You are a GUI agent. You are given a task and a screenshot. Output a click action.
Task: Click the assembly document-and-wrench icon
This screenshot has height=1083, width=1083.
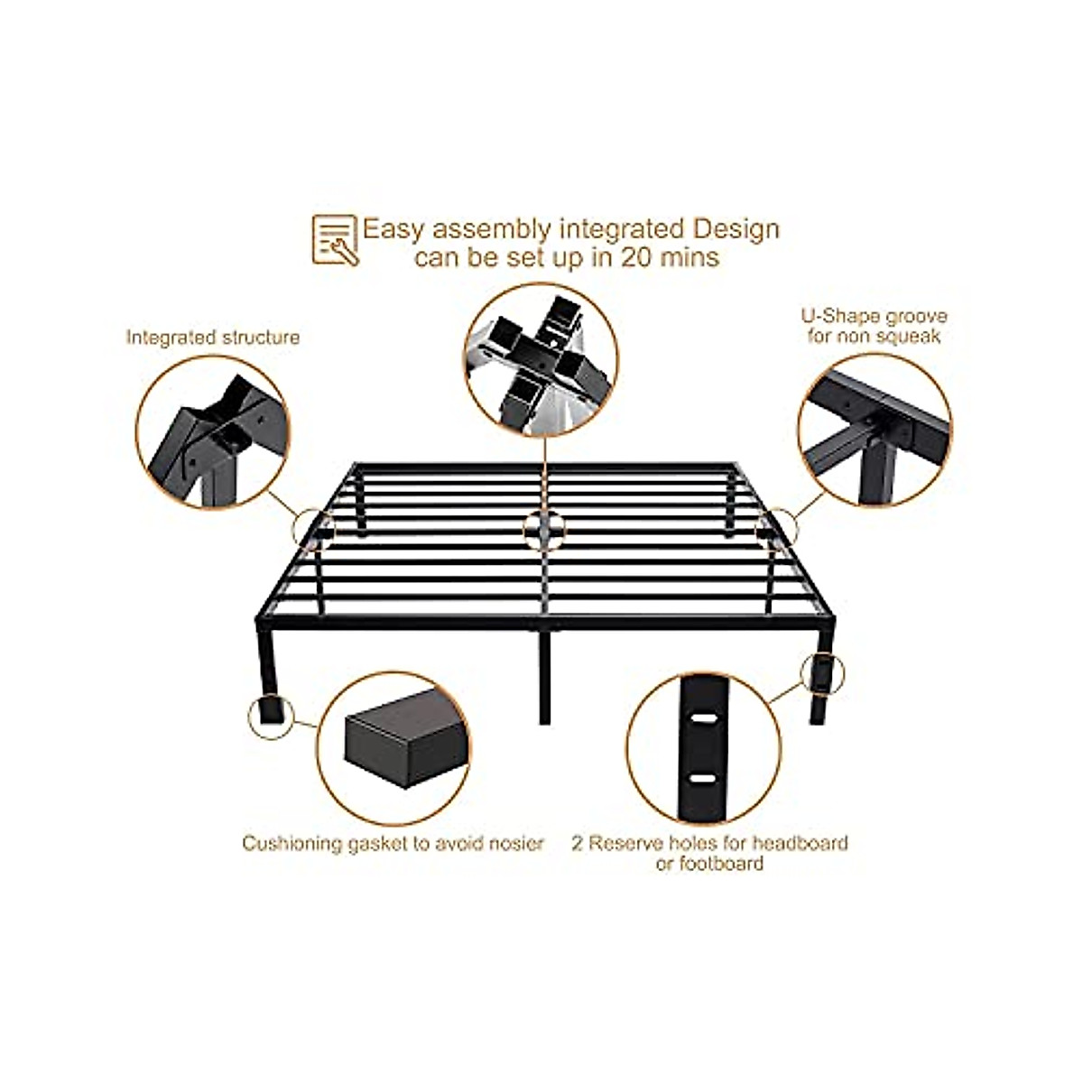click(335, 239)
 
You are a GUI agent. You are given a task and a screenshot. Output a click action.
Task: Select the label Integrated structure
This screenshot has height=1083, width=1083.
click(213, 338)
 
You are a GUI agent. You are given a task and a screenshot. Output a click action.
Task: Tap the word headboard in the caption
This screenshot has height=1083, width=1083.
click(802, 843)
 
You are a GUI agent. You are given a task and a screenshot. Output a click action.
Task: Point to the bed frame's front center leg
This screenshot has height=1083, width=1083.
click(545, 677)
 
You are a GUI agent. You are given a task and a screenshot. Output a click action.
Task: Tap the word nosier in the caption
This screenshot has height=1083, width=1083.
click(514, 844)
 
